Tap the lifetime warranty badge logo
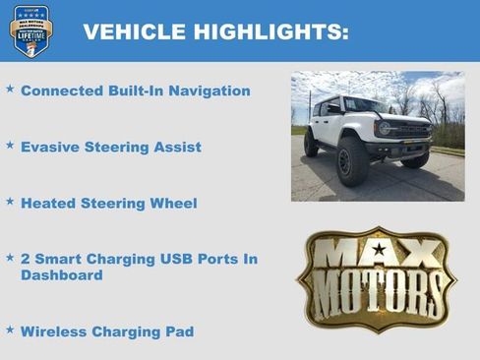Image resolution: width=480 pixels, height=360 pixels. tap(30, 30)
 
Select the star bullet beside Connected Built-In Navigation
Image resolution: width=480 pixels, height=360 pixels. tap(10, 90)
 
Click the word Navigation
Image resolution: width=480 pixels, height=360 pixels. tap(207, 91)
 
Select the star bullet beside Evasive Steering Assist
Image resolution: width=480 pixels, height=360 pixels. tap(10, 146)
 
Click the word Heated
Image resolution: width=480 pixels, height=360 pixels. tap(47, 204)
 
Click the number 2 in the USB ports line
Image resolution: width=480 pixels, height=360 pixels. tap(26, 260)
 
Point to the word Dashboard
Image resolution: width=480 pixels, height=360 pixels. tap(61, 276)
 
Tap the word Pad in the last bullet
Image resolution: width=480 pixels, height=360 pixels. tap(178, 332)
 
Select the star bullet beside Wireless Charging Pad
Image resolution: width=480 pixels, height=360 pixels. tap(10, 330)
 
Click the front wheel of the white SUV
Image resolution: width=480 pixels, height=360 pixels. tap(352, 162)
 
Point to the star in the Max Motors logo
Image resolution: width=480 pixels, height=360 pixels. tap(378, 250)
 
